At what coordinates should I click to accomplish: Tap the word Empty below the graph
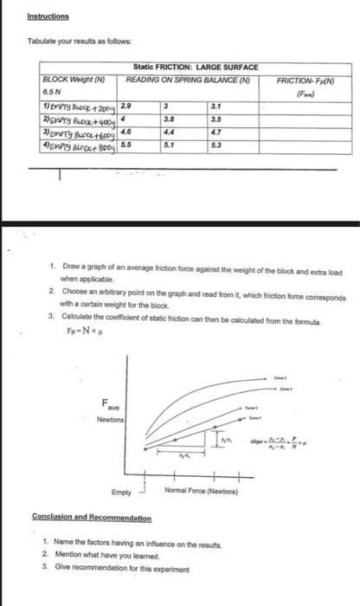click(x=122, y=492)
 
